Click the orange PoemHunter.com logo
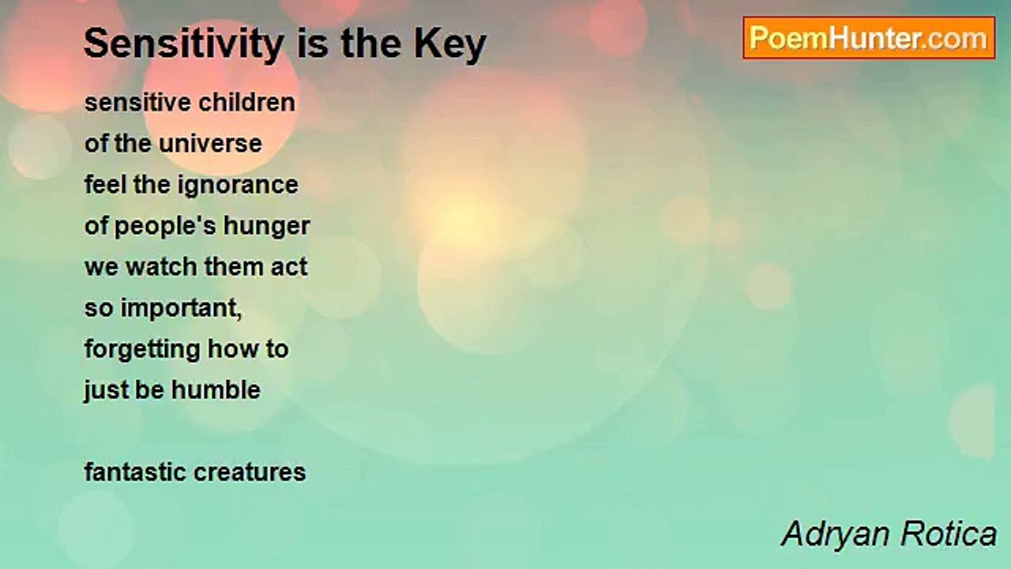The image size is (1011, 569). click(x=869, y=38)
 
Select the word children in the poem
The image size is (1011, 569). click(x=247, y=102)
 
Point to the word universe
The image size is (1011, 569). click(x=210, y=144)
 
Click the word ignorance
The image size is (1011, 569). click(x=238, y=185)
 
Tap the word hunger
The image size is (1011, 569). click(x=267, y=226)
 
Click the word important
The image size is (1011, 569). click(x=182, y=308)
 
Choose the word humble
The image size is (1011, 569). click(x=216, y=390)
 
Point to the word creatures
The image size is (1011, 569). click(x=250, y=473)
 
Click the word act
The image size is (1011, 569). click(x=289, y=267)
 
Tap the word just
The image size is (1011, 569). click(x=106, y=390)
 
